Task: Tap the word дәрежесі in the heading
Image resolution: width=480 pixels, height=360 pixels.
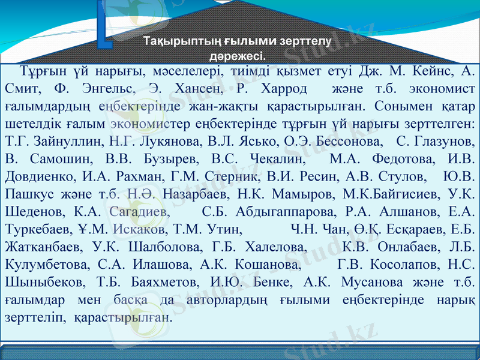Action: [236, 57]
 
